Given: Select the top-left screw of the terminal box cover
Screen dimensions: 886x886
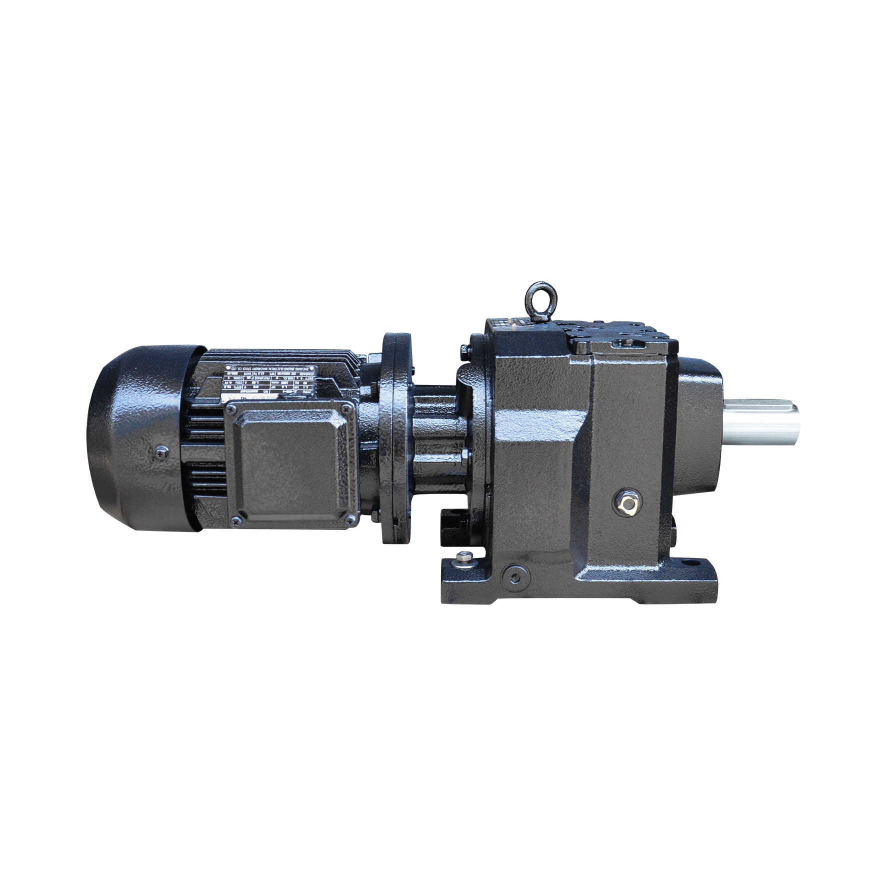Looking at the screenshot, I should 230,410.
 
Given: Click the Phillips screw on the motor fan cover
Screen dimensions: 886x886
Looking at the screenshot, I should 159,452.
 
